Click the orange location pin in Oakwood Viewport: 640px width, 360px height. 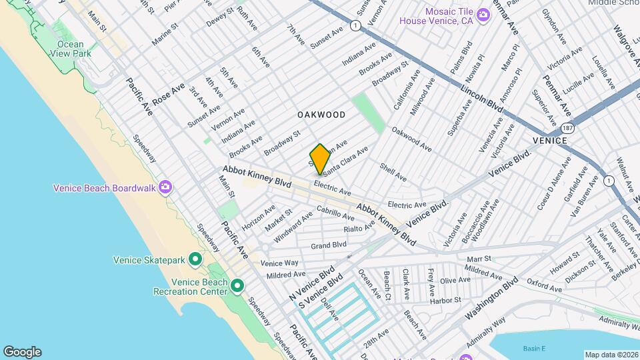coord(320,159)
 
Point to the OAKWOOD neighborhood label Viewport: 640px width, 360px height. coord(321,115)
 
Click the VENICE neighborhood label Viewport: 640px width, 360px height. coord(550,141)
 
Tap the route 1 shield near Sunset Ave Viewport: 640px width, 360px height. coord(357,25)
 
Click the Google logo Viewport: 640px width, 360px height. coord(22,351)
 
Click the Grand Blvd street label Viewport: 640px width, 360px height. coord(329,245)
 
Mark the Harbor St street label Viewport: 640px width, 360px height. coord(446,300)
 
